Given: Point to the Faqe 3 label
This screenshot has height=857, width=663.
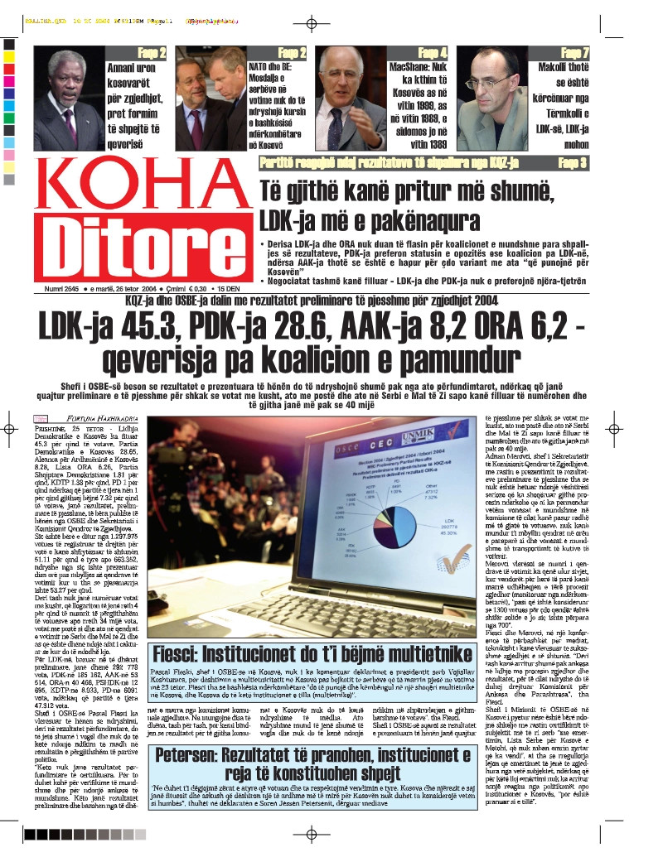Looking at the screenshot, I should click(x=573, y=162).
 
